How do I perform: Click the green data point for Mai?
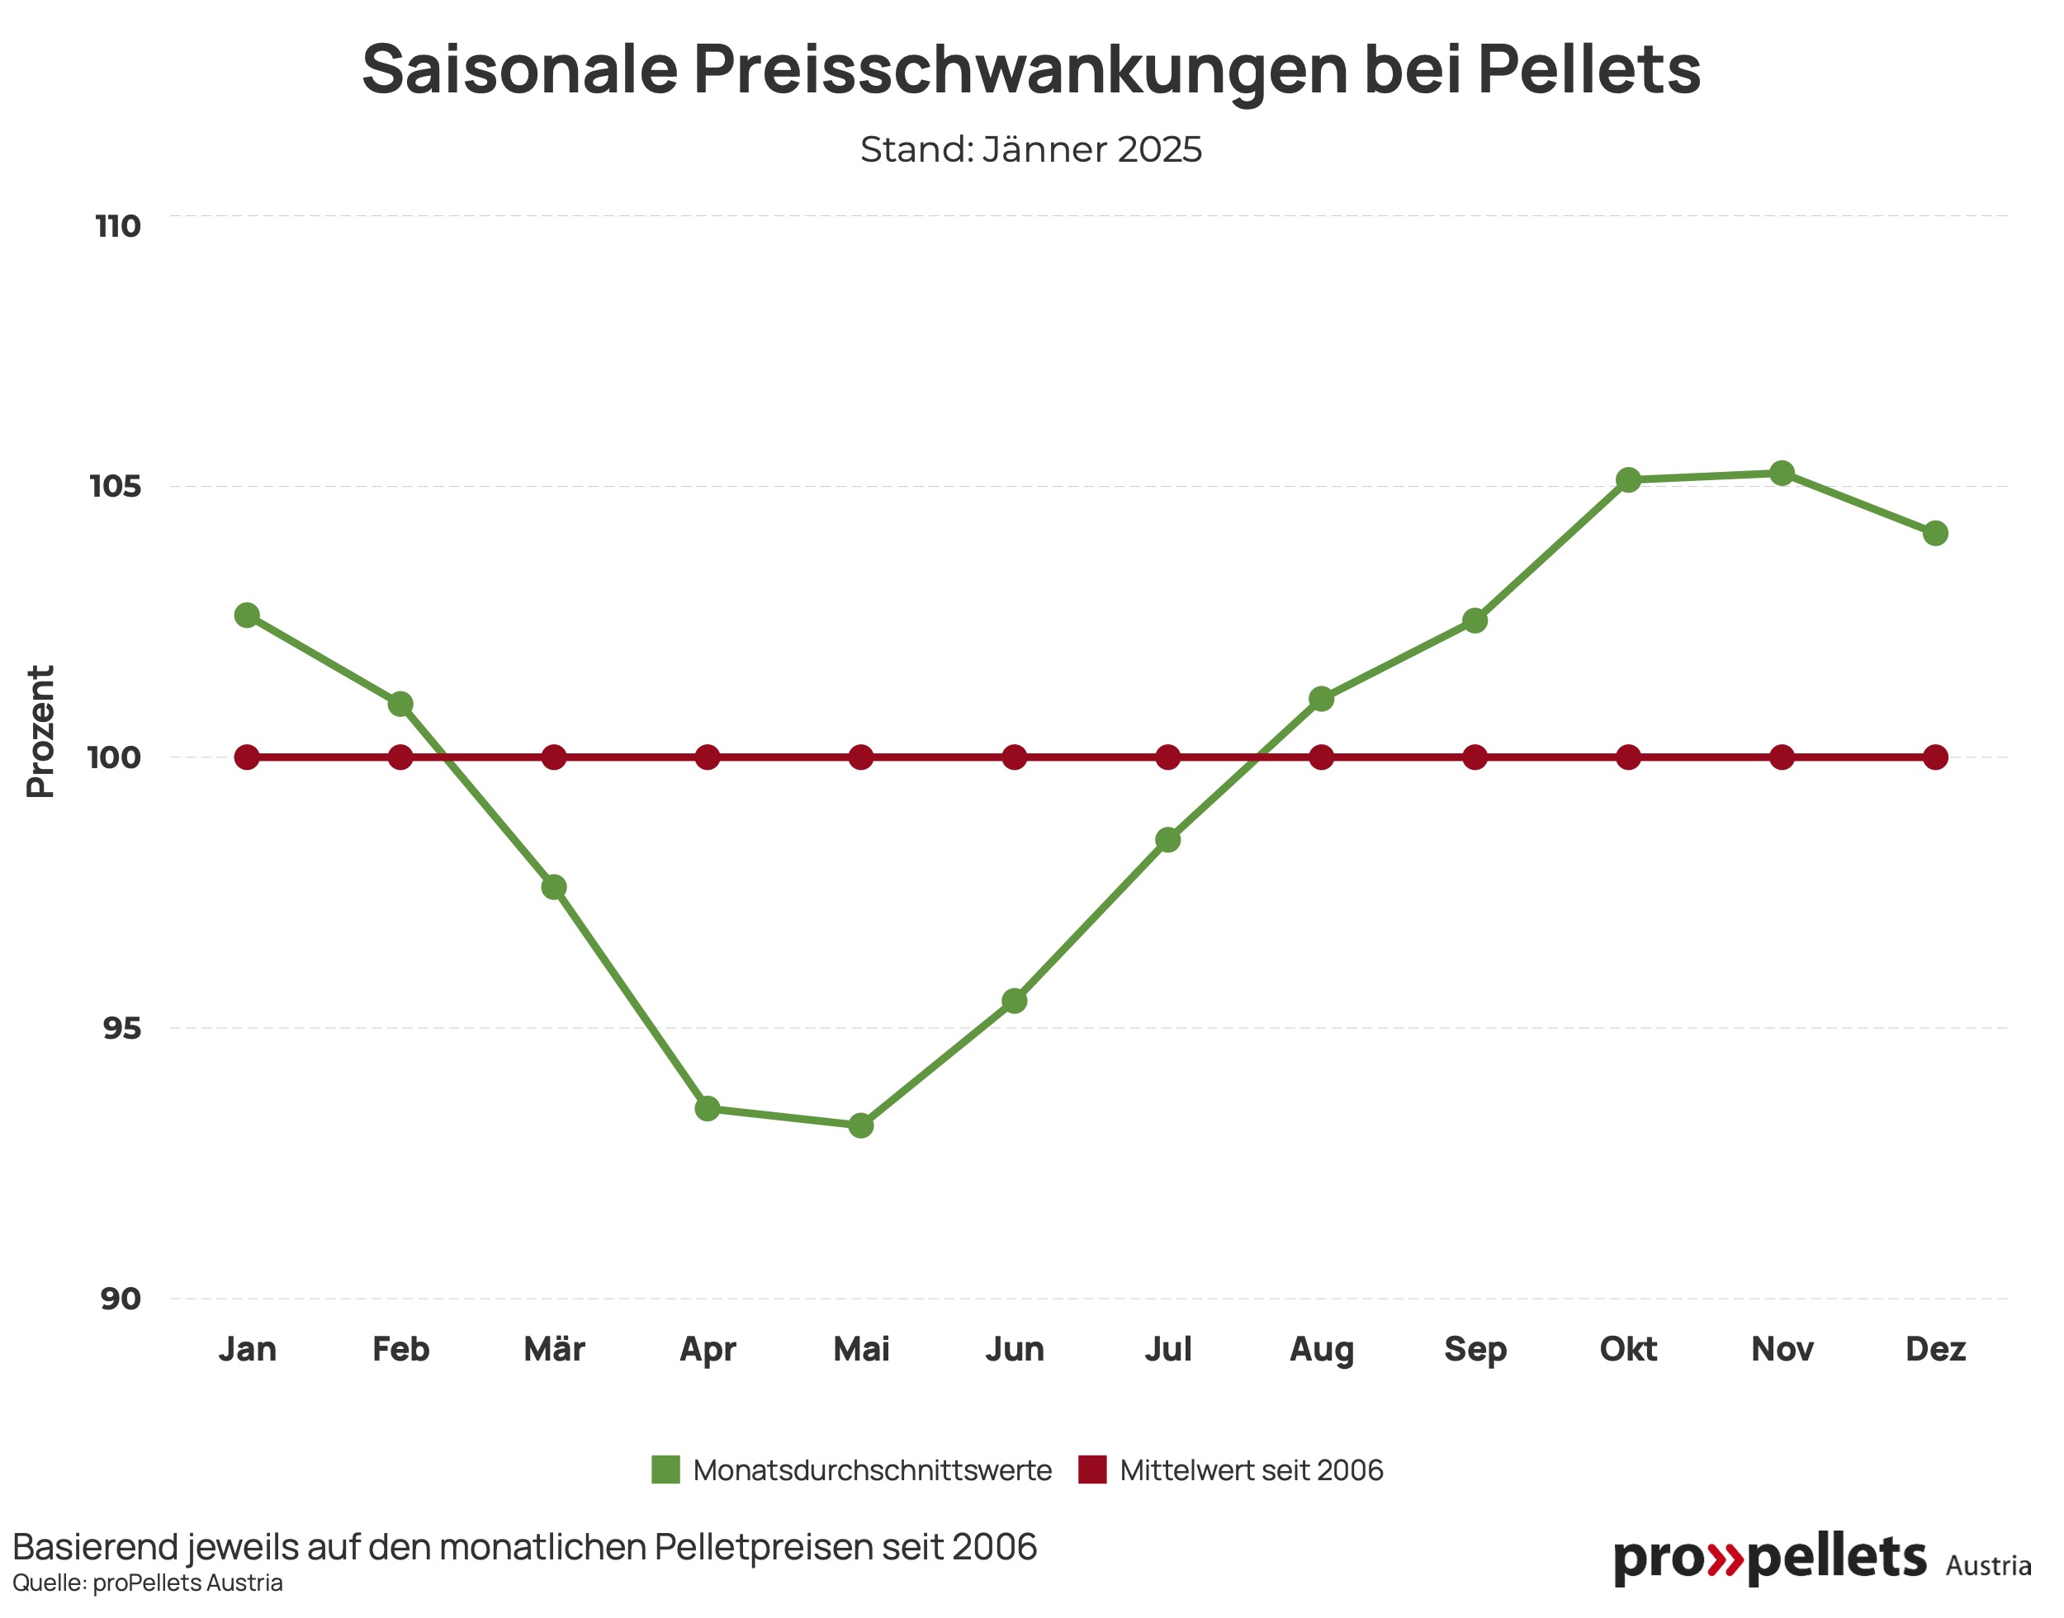[x=860, y=1125]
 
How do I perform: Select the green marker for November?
[x=1782, y=473]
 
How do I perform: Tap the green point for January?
[x=248, y=615]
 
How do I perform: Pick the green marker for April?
[x=707, y=1108]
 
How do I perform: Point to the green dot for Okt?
[x=1628, y=480]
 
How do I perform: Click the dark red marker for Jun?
[x=1014, y=757]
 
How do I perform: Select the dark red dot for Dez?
[x=1935, y=757]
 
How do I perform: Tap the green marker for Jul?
[x=1167, y=839]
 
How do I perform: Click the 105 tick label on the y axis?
[x=116, y=487]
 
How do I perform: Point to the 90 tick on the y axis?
[x=121, y=1299]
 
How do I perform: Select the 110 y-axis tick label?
[x=118, y=226]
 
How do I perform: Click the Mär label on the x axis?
[x=554, y=1349]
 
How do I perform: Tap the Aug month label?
[x=1321, y=1349]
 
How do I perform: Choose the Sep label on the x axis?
[x=1475, y=1349]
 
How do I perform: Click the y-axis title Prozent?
[x=40, y=731]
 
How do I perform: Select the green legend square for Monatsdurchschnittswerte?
[x=665, y=1470]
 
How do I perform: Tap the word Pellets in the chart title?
[x=1588, y=69]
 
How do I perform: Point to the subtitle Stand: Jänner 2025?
[x=1031, y=149]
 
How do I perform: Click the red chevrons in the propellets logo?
[x=1725, y=1559]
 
